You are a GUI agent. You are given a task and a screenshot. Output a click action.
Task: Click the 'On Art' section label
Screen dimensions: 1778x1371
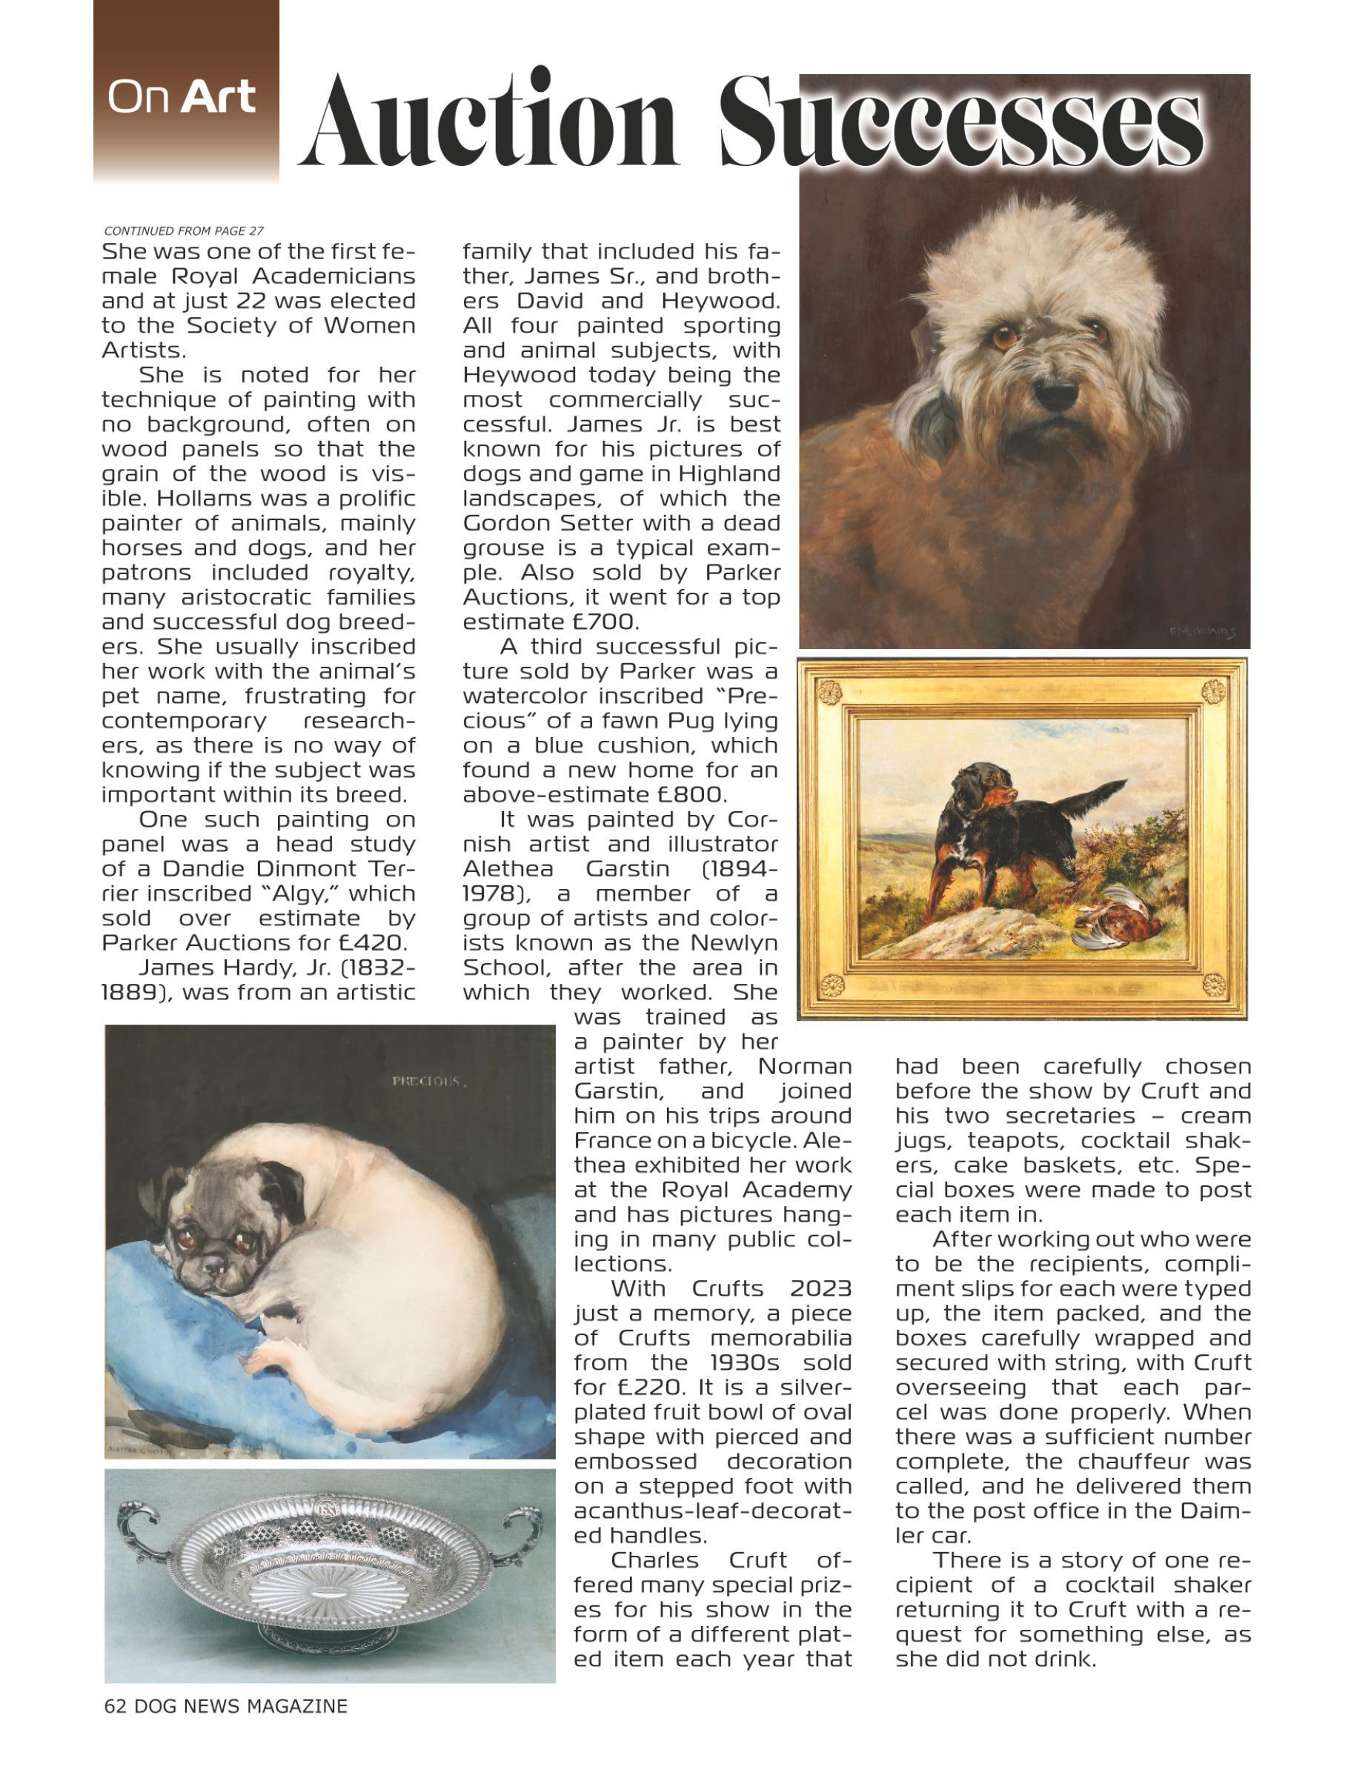182,97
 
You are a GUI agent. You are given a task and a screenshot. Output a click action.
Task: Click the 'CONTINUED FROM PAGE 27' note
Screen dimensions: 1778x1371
184,230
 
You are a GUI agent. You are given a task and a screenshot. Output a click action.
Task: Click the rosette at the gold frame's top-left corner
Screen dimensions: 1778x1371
829,693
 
